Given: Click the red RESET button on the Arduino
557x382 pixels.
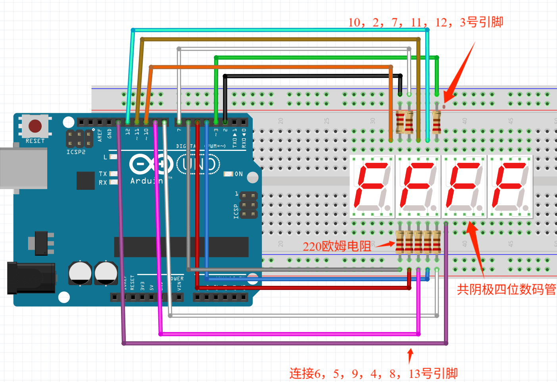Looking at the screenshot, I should pos(35,126).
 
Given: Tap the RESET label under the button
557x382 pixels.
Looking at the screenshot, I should pos(35,141).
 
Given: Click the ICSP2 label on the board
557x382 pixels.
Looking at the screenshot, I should pos(76,152).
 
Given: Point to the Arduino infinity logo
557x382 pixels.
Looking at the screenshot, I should pos(150,164).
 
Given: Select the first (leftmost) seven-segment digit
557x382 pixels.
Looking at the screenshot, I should pos(372,187).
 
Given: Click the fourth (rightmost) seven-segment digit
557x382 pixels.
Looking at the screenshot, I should pos(510,187).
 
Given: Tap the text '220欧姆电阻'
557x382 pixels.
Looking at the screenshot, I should pos(337,246).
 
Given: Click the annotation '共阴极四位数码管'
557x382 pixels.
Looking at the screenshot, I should pos(506,289).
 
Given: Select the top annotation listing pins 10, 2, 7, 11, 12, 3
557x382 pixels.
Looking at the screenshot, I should pos(425,22).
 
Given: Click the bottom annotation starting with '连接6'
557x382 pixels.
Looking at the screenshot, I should pos(373,373).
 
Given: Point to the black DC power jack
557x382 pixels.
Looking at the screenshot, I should pos(31,278).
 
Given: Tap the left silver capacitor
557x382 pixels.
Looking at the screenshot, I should pos(80,273).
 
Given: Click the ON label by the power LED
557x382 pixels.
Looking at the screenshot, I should pos(238,174).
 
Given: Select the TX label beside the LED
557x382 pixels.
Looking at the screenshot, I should pos(103,174).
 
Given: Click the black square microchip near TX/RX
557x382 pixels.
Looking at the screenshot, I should pos(85,181).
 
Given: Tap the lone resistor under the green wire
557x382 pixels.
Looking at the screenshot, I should pos(436,122).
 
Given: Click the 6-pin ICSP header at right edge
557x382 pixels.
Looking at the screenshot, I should pos(248,205).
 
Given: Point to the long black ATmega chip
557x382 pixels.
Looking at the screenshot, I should pos(181,247).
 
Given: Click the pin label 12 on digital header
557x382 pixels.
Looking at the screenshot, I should pos(128,131).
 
